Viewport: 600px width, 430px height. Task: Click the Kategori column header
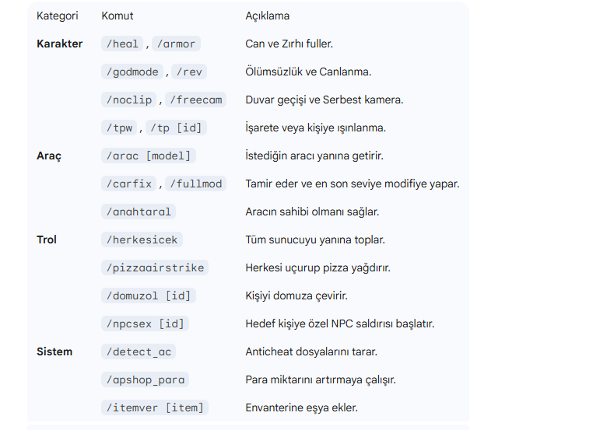click(58, 16)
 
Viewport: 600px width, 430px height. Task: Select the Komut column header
click(117, 16)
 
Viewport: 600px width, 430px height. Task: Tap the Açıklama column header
click(267, 16)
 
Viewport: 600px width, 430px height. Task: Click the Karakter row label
click(59, 44)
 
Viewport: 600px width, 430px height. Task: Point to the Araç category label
click(49, 156)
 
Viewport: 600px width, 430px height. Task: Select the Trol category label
click(46, 239)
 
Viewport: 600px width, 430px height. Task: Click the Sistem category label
click(54, 351)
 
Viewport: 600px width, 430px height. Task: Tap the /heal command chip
click(122, 44)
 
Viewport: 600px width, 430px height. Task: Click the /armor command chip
click(176, 44)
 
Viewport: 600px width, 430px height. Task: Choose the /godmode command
click(132, 72)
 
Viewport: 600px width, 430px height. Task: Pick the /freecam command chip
click(195, 100)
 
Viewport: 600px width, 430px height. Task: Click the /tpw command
click(119, 128)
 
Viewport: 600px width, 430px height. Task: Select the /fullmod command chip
click(195, 184)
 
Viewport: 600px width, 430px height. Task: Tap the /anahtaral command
click(139, 212)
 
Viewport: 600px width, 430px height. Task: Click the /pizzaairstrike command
click(155, 267)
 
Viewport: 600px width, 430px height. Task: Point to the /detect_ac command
click(139, 351)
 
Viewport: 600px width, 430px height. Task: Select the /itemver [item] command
click(155, 407)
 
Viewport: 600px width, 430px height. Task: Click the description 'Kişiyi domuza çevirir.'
click(296, 295)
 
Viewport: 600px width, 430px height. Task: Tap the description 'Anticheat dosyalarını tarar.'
click(311, 351)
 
